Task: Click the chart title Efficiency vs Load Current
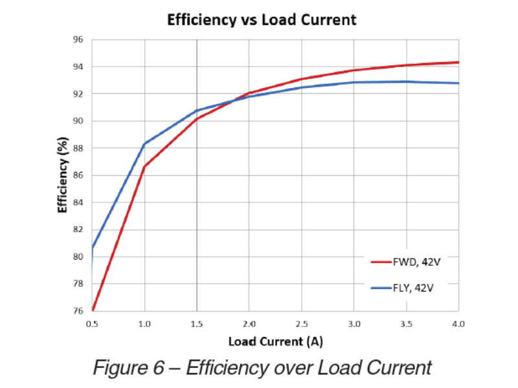pos(262,19)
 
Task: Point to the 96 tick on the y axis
pos(78,39)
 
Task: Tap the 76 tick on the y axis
pos(78,311)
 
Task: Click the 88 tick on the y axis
pos(78,148)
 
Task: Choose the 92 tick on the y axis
pos(78,94)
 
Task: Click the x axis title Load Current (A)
pos(275,340)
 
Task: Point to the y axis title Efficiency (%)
pos(63,175)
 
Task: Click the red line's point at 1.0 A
pos(144,167)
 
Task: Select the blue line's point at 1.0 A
pos(144,144)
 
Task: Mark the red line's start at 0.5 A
pos(93,310)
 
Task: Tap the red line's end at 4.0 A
pos(458,63)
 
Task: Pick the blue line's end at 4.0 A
pos(458,83)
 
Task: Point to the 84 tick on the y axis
pos(78,202)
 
